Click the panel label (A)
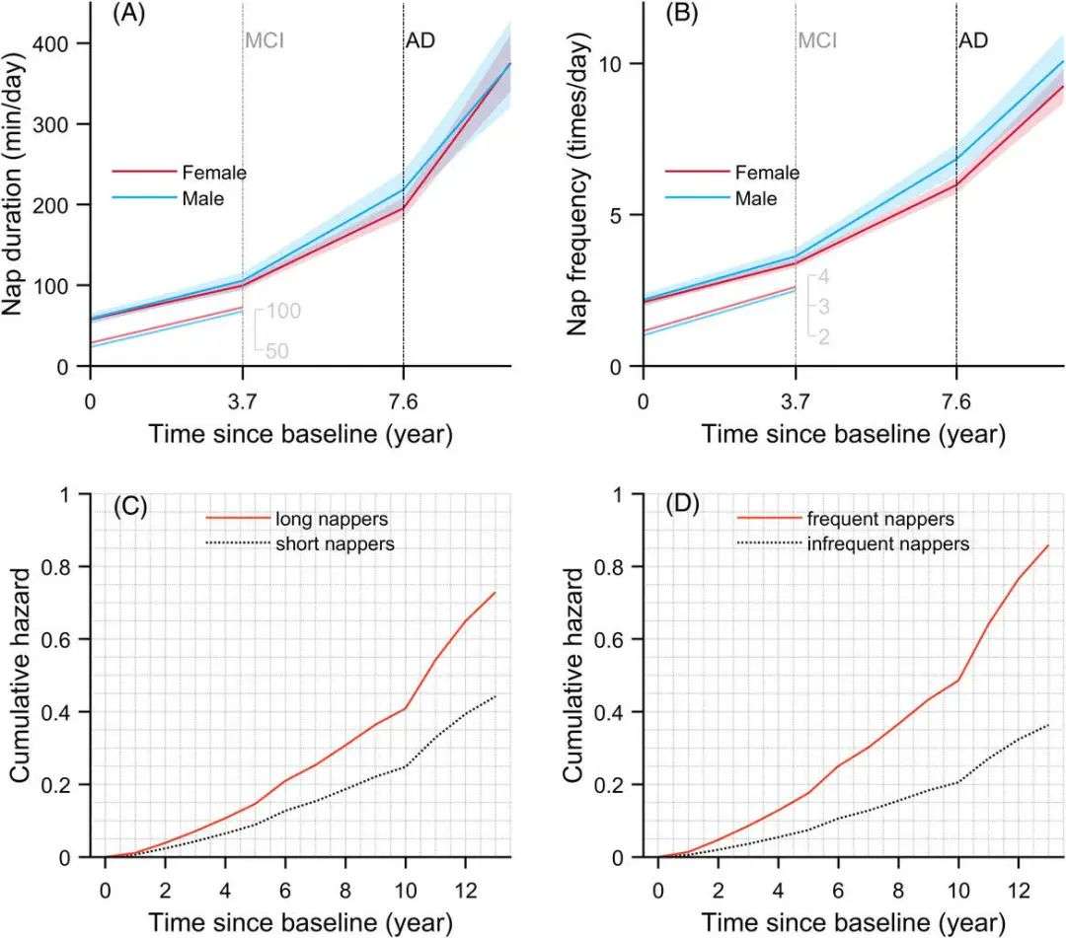pyautogui.click(x=131, y=15)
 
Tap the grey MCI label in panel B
pyautogui.click(x=816, y=42)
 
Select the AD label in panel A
pyautogui.click(x=420, y=42)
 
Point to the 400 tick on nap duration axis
pyautogui.click(x=65, y=44)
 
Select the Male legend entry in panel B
pyautogui.click(x=756, y=198)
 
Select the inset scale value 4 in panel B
pyautogui.click(x=823, y=277)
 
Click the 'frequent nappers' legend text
pyautogui.click(x=861, y=518)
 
